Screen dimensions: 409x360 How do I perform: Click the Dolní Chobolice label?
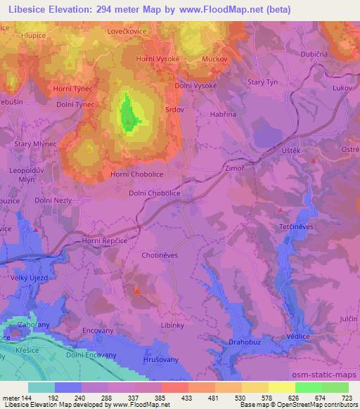click(x=155, y=193)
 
